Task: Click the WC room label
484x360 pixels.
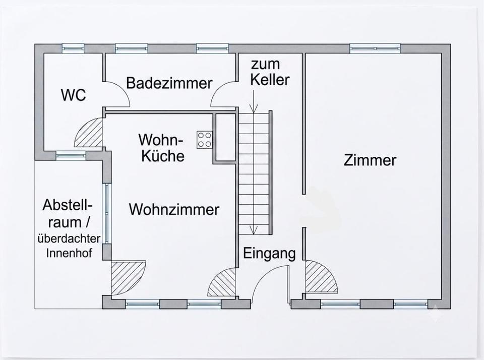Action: [74, 95]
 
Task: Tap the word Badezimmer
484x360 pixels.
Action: [169, 83]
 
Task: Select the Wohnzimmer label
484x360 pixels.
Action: [174, 209]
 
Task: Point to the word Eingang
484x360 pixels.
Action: [269, 254]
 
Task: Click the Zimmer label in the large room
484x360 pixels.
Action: [370, 160]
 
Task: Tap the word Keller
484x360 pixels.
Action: [270, 80]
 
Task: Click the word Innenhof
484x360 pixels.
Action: [69, 253]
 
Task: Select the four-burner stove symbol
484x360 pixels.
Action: [205, 140]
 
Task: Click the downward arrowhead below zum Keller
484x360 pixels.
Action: [254, 109]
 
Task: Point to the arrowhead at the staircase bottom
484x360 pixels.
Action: [254, 230]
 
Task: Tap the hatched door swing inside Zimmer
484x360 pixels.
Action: [321, 277]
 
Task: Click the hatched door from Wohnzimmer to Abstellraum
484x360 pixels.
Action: [127, 277]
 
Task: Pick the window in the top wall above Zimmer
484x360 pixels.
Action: [375, 48]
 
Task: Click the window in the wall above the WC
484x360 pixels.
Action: [73, 48]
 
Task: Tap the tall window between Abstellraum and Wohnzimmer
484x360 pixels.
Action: [106, 213]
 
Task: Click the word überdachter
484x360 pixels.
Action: [69, 238]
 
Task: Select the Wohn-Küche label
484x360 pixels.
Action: [162, 148]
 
